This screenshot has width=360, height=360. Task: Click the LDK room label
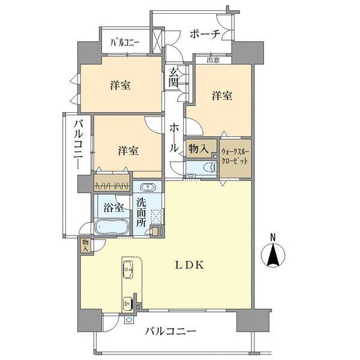point(190,265)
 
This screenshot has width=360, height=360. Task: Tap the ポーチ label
point(205,34)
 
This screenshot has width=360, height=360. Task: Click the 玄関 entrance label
point(173,78)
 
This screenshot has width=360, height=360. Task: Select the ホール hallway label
point(174,138)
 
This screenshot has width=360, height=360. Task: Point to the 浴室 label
point(113,208)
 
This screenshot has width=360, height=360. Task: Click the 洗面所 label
point(141,212)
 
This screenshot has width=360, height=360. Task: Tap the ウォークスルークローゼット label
point(235,157)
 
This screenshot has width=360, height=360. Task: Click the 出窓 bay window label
point(213,61)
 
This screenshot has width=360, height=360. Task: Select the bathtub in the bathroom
point(113,226)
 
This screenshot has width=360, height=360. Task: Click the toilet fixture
point(210,167)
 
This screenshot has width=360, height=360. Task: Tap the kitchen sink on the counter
point(128,270)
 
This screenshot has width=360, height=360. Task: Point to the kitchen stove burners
point(128,304)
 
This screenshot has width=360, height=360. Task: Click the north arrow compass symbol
point(273,255)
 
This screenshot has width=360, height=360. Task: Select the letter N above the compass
point(273,237)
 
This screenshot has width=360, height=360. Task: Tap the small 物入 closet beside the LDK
point(86,246)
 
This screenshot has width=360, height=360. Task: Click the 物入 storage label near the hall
point(199,149)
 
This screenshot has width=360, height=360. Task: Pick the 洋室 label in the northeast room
point(222,95)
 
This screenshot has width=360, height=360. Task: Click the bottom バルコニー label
point(170,332)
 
